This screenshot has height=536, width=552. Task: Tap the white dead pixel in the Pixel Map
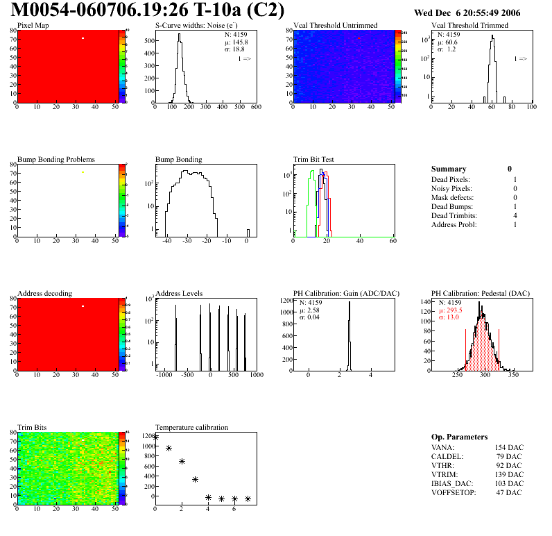(83, 38)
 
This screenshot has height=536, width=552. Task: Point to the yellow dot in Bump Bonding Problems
(83, 172)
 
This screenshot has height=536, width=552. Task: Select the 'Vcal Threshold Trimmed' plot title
(469, 26)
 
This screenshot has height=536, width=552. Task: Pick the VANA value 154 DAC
(509, 447)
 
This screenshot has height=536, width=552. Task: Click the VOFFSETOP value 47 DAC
(510, 492)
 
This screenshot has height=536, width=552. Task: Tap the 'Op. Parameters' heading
(459, 437)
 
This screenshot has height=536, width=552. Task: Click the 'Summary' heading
(449, 169)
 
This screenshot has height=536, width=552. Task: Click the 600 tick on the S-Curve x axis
(256, 108)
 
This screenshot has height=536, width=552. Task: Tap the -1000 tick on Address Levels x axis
(164, 375)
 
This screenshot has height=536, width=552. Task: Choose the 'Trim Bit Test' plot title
(314, 160)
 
